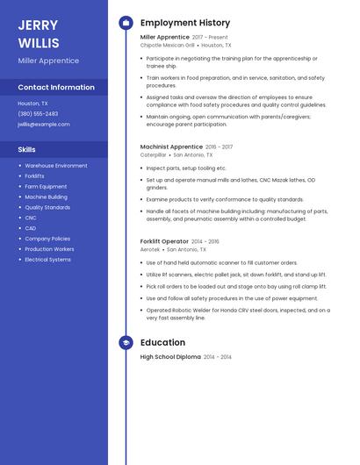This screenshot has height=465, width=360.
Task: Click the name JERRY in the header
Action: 38,25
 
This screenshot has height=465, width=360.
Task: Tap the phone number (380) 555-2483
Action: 38,113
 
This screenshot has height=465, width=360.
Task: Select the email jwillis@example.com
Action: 44,124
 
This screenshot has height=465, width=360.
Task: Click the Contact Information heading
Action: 56,87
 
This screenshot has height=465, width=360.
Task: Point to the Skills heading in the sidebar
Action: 27,149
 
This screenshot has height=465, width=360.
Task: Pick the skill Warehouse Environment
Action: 56,166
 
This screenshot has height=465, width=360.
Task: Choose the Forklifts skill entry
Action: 34,176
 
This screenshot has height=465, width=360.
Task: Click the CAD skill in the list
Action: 31,228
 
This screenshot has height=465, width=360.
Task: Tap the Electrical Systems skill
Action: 47,260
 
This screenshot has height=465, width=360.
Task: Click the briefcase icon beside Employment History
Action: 126,23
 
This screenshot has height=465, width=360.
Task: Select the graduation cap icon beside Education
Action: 126,343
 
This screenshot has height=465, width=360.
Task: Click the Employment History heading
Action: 185,23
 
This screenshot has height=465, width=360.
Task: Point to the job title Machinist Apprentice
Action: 171,147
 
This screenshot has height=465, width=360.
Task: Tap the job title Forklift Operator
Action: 164,241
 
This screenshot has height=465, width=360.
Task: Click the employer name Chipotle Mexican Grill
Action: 167,45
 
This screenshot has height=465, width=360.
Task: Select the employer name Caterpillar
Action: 153,154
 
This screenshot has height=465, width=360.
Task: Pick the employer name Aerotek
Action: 150,249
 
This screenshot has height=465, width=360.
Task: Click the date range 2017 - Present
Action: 210,38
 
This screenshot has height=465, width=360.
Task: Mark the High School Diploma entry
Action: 170,357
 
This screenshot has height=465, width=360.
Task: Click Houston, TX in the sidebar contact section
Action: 32,103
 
